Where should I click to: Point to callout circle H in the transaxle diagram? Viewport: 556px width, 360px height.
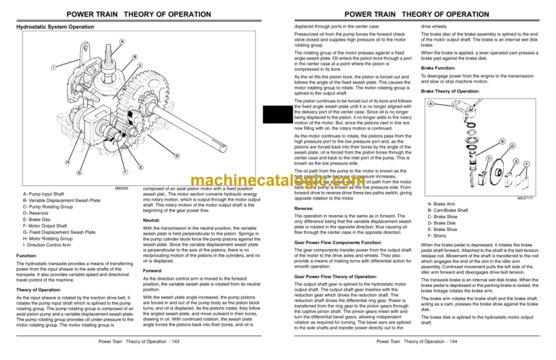pyautogui.click(x=28, y=162)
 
